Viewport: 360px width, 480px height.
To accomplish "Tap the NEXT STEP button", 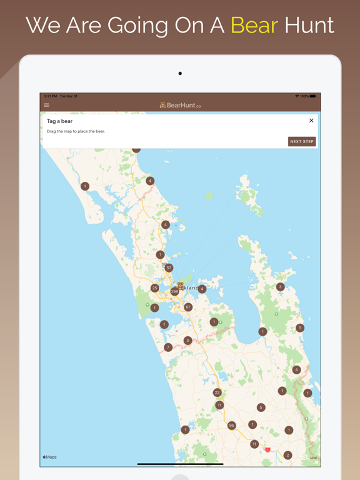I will click(x=302, y=141).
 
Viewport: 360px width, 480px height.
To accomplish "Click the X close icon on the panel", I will click(x=311, y=121).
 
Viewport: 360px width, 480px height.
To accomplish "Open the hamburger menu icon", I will click(x=46, y=105).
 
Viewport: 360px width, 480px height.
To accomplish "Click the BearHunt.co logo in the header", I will click(x=180, y=105).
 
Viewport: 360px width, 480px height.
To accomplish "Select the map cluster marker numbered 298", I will click(x=174, y=291).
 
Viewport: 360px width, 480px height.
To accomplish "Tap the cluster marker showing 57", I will click(x=169, y=267).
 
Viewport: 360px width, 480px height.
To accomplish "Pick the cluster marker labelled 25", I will click(x=154, y=288).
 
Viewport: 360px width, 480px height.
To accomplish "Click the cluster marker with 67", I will click(x=188, y=307).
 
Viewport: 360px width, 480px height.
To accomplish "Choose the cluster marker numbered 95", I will click(x=231, y=426).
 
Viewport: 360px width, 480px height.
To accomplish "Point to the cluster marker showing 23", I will click(x=217, y=392).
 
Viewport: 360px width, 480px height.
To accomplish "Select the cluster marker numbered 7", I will click(x=167, y=347).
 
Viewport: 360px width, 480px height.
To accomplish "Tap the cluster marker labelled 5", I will click(x=261, y=407).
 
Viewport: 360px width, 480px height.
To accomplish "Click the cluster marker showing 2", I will click(x=287, y=456).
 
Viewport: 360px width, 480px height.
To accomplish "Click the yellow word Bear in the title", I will click(x=254, y=25).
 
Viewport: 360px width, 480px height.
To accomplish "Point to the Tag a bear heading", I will click(x=60, y=121).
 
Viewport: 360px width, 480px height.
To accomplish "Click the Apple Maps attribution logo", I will click(x=49, y=457).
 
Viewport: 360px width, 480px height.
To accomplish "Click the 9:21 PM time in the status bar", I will click(x=50, y=96).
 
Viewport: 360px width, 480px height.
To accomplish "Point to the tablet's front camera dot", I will click(x=180, y=74).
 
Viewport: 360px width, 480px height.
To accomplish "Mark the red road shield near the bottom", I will click(x=267, y=449).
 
